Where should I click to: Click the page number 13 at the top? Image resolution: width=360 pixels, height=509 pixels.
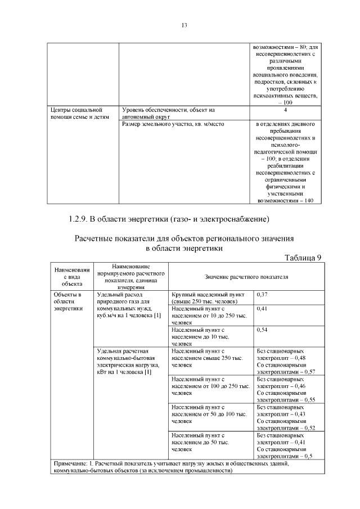[183, 25]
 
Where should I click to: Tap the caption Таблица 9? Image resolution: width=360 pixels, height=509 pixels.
[303, 258]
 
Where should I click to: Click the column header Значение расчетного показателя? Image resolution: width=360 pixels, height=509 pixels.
[246, 277]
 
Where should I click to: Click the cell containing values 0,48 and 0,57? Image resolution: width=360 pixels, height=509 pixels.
[286, 361]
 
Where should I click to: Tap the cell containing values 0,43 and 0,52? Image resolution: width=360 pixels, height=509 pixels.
[286, 417]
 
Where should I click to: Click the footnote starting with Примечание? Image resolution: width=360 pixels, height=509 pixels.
[186, 467]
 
